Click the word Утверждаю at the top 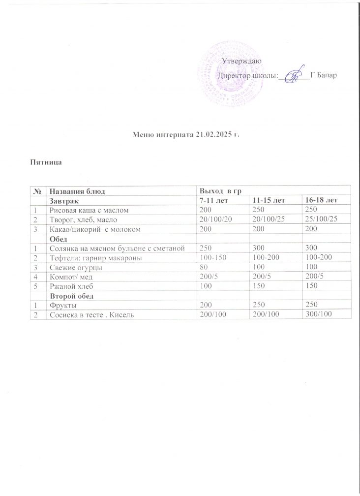pos(241,61)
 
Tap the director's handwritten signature pos(294,76)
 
